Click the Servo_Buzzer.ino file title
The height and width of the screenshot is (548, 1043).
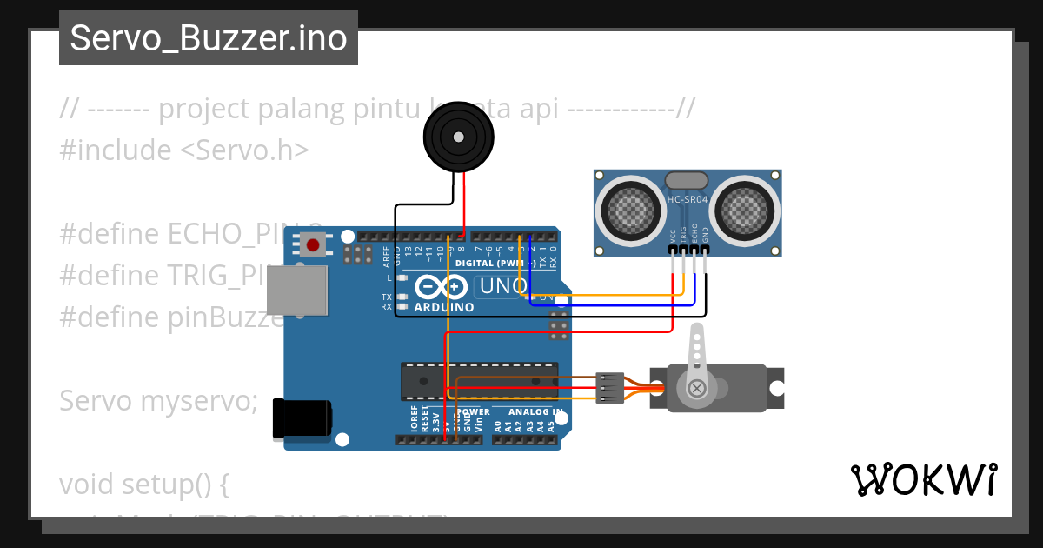click(209, 39)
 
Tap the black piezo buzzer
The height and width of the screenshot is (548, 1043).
click(457, 136)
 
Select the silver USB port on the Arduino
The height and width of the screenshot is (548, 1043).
click(297, 290)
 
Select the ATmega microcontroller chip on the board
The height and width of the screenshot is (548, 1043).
click(479, 382)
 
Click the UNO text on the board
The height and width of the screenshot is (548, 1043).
click(504, 286)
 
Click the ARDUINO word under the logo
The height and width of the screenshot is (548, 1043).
click(444, 307)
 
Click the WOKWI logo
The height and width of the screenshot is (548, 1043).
click(923, 479)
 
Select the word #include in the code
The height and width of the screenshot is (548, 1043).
click(116, 150)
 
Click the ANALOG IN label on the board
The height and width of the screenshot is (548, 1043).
click(535, 411)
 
